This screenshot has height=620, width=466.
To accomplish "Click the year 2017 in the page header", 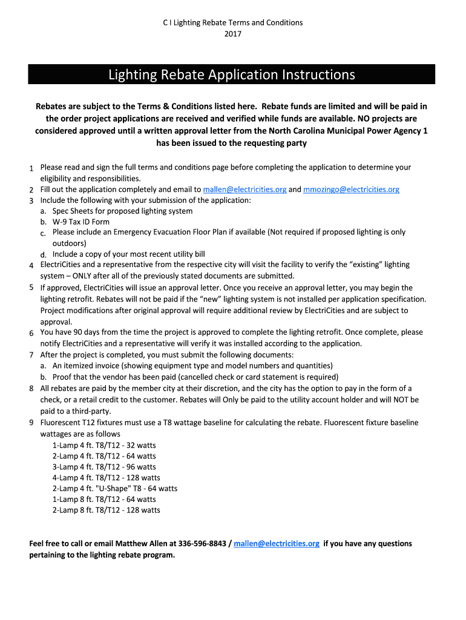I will [x=232, y=34].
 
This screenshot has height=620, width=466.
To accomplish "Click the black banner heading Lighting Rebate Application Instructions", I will [x=232, y=74].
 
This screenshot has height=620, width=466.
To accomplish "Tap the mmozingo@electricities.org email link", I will [x=351, y=190].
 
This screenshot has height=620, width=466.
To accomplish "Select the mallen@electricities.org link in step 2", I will [x=244, y=190].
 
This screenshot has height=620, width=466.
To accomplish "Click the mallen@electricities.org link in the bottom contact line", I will [x=276, y=544].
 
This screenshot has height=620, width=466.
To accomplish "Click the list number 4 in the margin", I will [x=31, y=265].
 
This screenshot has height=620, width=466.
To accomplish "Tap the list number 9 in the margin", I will [x=31, y=423].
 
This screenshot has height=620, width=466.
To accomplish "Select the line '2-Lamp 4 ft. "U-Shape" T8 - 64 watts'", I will [x=115, y=489].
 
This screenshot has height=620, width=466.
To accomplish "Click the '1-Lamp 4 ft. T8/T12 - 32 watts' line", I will [x=104, y=445].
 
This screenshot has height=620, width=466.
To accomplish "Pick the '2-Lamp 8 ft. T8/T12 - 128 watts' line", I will [x=107, y=510].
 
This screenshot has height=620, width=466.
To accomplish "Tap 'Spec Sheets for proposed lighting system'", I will [x=122, y=211].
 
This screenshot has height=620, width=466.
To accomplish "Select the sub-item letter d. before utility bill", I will [x=44, y=255].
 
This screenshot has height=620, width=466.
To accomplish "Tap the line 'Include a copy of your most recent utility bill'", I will [x=128, y=254].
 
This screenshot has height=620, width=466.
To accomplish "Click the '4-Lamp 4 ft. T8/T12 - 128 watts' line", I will [x=107, y=478].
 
